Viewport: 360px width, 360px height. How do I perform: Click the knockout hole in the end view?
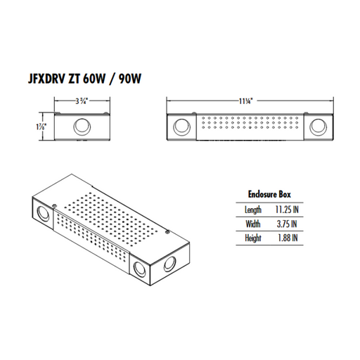[x=82, y=127]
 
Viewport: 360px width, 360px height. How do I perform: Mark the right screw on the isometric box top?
[x=165, y=229]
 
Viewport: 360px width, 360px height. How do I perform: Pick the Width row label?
[x=252, y=224]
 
